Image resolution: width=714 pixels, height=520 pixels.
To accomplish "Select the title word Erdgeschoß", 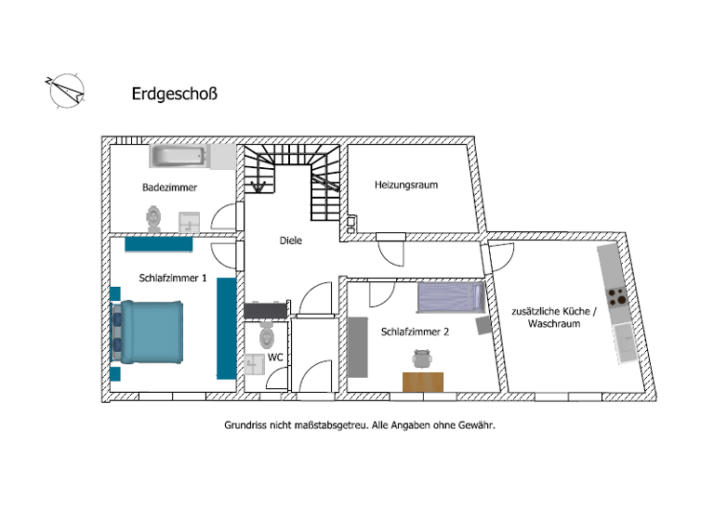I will coord(176,94).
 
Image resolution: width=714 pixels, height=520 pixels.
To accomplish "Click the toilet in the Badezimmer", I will coord(154,218).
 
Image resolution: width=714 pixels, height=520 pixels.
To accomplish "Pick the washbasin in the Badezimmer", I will coord(190,222).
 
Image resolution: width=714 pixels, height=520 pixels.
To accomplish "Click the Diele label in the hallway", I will coord(291,240).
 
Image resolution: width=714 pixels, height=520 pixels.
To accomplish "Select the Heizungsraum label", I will coord(406,185).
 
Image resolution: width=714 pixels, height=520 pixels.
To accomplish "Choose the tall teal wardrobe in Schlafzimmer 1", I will coord(225,328).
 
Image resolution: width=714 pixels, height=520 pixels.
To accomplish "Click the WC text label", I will coord(275,357).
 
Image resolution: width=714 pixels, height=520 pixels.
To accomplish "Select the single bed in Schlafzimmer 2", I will coord(451,297).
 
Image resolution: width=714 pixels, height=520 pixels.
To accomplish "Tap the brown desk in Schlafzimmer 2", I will coord(423,381).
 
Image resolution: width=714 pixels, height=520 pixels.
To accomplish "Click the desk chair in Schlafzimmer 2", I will coord(423,359).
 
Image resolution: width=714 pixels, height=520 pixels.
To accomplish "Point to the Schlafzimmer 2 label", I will coord(416,331).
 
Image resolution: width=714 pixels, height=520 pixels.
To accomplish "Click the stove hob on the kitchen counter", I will coord(617,297).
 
